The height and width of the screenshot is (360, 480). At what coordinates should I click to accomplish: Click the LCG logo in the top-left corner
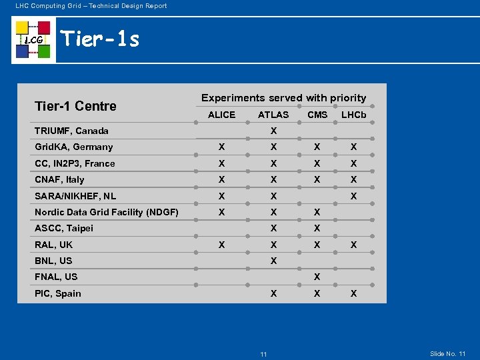coord(33,40)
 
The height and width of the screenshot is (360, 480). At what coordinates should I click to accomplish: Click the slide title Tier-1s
coord(100,40)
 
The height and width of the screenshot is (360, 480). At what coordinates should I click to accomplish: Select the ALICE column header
coord(221,115)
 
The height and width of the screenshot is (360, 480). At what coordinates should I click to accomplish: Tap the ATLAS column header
coord(273,115)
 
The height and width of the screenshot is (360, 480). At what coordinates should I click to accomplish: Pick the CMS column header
coord(317,115)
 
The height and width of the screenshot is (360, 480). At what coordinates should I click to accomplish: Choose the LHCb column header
coord(354,115)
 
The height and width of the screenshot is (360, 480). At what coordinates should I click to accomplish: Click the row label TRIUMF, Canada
coord(71,131)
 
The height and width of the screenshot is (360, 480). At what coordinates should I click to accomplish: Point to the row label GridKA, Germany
coord(74,147)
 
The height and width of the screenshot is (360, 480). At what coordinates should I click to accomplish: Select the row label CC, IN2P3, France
coord(75,163)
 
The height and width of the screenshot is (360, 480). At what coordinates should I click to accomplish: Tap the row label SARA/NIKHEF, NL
coord(75,196)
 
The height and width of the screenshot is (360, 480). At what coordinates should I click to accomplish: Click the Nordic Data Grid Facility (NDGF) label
coord(107,212)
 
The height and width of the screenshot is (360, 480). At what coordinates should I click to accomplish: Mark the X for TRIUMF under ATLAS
coord(273,131)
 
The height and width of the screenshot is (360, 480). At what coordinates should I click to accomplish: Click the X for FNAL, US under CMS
coord(317,277)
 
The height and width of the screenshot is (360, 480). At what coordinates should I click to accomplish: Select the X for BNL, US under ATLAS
coord(273,261)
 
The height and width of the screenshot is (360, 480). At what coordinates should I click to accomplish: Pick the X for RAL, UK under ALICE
coord(221,245)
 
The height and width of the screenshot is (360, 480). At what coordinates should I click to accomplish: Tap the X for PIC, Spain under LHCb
coord(354,293)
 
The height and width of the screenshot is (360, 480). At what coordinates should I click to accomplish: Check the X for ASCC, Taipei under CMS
coord(317,228)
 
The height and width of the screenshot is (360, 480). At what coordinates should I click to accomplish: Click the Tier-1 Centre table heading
coord(75,106)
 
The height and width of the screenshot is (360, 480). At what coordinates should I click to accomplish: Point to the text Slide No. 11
coord(448,353)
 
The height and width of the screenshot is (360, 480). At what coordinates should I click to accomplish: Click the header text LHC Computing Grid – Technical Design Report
coord(91,6)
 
